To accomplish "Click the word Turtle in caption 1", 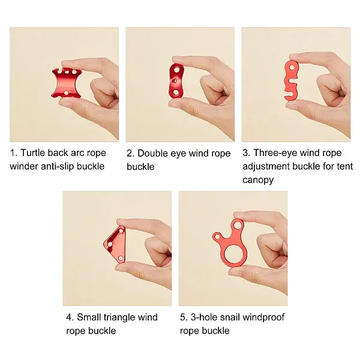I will point(34,153).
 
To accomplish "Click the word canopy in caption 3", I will point(258,179).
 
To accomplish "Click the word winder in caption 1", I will point(24,166).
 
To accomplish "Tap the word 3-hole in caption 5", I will point(202,317).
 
